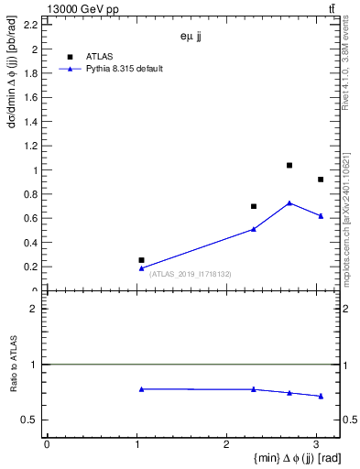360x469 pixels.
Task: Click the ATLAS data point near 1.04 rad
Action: (141, 260)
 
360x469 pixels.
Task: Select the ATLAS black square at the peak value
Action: (289, 166)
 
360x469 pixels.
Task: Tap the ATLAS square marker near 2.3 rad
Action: (254, 206)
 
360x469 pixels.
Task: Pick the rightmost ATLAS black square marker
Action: (321, 180)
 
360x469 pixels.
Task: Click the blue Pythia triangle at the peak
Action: (289, 203)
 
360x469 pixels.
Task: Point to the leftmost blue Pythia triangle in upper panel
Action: (141, 268)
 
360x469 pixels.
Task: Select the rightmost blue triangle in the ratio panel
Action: (321, 396)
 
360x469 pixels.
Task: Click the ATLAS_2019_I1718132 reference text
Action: (191, 274)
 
